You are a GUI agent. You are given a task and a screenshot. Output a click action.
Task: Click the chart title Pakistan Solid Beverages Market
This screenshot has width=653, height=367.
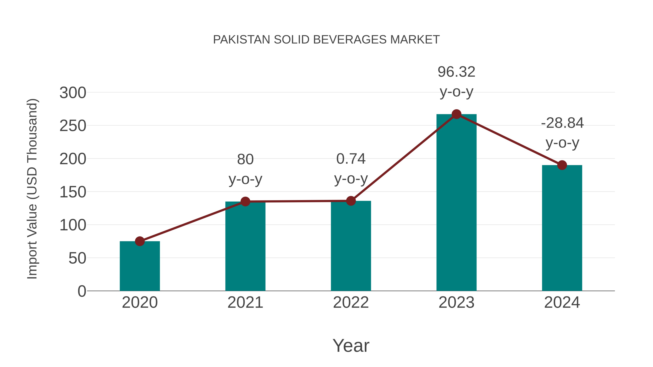tap(326, 40)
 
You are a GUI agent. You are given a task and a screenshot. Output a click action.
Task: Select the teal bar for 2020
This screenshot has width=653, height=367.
tap(140, 266)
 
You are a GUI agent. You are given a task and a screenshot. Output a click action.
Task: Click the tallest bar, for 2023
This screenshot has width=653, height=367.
tap(456, 203)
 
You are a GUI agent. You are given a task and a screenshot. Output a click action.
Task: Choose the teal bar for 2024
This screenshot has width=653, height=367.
tap(562, 228)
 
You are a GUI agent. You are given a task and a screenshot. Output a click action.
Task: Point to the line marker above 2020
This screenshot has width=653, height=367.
tap(140, 241)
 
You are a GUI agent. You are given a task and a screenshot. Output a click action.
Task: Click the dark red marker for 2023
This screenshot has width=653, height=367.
tap(456, 114)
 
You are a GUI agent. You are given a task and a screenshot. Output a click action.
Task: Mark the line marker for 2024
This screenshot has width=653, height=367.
tap(562, 165)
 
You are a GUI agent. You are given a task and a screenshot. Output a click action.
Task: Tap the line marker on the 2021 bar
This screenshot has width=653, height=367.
tap(245, 202)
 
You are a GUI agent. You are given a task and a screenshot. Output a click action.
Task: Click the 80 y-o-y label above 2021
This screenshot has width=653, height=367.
tap(245, 169)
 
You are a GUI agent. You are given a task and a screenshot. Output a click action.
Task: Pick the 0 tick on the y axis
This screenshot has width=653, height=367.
tap(82, 291)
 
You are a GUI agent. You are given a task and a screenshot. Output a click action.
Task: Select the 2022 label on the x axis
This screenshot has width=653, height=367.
tap(351, 302)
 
